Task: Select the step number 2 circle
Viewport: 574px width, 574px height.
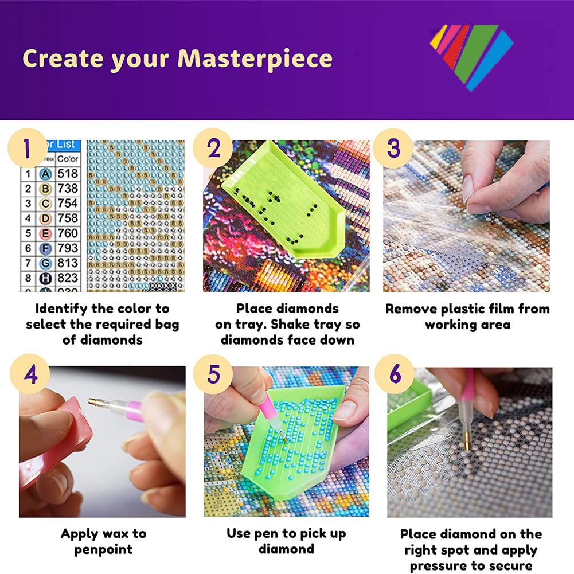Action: coord(213,148)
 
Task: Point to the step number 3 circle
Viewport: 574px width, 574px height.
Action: coord(393,148)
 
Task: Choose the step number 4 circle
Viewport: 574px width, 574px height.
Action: coord(30,375)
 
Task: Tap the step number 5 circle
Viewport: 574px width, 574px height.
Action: coord(213,375)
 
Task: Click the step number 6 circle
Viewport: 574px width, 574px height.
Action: coord(395,375)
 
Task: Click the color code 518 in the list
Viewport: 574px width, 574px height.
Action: coord(68,173)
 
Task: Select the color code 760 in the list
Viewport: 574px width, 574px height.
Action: coord(68,233)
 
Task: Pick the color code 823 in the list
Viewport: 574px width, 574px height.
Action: coord(68,278)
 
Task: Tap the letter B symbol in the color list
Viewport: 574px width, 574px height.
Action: coord(45,189)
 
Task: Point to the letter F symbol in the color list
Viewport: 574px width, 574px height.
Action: coord(45,248)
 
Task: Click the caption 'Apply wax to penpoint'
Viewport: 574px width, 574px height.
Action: coord(104,541)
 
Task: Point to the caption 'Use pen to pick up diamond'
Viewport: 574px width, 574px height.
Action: coord(286,541)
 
